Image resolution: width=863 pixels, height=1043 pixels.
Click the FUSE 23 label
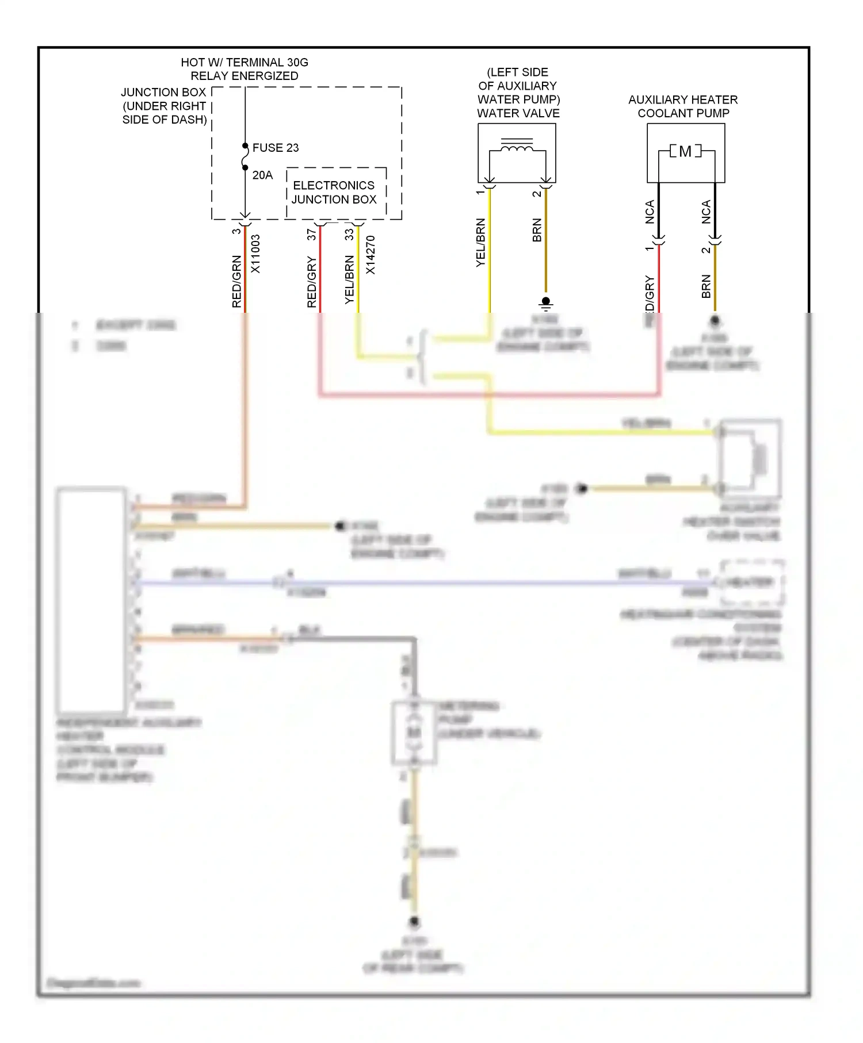276,148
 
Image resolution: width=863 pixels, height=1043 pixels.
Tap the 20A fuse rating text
262,175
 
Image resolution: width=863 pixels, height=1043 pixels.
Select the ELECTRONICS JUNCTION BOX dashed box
335,193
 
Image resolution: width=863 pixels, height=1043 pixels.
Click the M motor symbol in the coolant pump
685,151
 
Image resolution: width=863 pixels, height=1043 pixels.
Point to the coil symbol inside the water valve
517,148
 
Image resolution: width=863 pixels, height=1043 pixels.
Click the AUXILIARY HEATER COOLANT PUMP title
683,106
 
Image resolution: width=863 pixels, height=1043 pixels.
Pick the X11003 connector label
255,254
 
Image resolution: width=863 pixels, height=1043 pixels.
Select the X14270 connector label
371,255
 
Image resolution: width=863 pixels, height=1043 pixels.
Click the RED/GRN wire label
236,281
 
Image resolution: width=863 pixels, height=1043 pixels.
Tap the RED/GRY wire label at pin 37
312,282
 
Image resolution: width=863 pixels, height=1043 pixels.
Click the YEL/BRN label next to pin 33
349,280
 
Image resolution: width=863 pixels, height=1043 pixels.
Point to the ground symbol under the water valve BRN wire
545,303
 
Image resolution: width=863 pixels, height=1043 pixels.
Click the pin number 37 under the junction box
311,235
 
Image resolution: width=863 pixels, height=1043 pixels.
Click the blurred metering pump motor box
414,733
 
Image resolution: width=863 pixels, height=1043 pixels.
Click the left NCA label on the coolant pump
650,212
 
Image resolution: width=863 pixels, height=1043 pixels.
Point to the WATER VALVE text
518,113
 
